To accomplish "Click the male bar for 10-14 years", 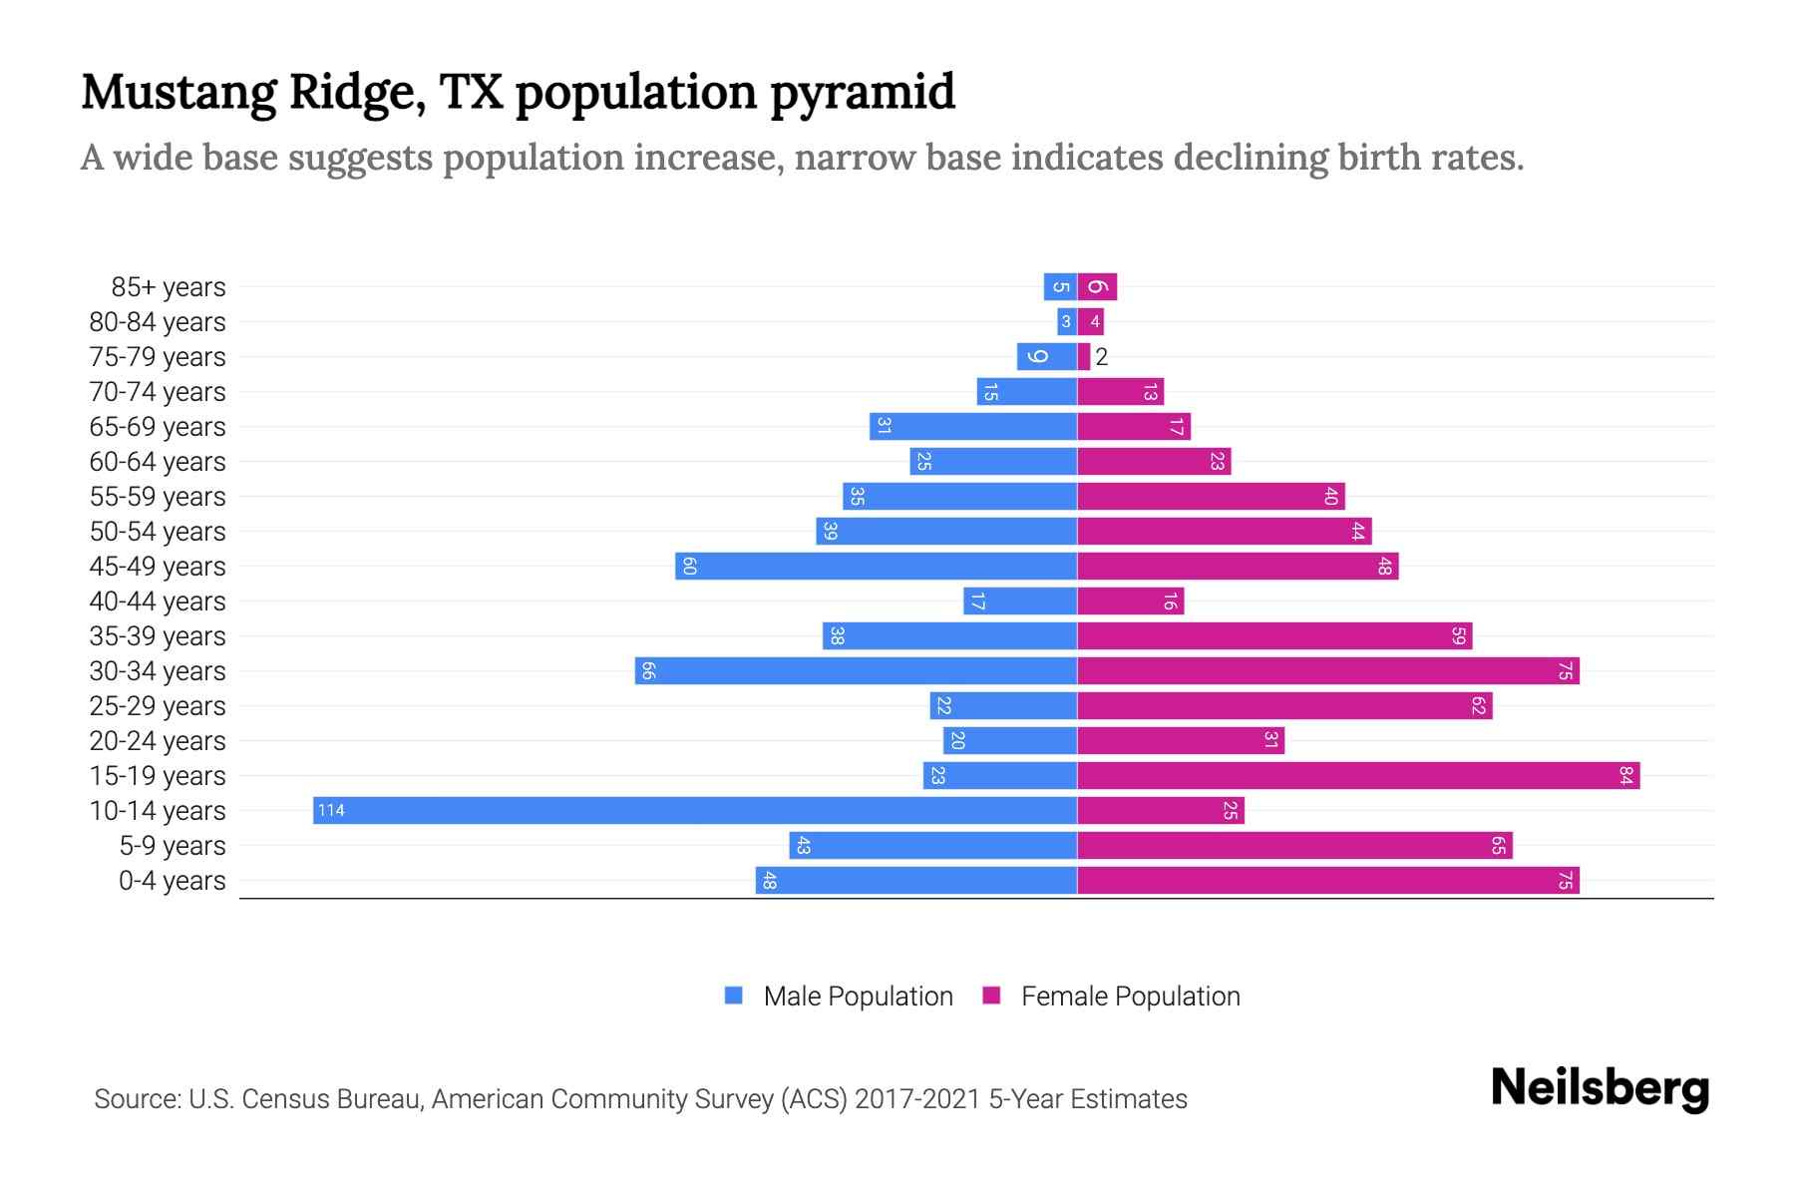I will click(695, 810).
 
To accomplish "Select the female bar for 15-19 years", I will click(1358, 775).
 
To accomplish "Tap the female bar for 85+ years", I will click(1097, 286).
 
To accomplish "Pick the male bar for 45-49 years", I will click(876, 566).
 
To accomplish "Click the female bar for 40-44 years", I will click(1130, 600).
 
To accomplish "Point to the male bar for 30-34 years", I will click(856, 670).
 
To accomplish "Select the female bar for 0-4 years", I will click(1328, 880).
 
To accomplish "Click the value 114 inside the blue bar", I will click(331, 810).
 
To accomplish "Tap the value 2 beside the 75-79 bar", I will click(1102, 357).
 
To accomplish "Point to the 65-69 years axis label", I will click(158, 427).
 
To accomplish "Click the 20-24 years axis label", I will click(158, 741).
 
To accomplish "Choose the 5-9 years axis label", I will click(173, 846).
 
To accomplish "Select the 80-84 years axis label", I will click(158, 322).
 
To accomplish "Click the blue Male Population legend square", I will click(734, 996).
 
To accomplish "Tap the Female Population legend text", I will click(1130, 996).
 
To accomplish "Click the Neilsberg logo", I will click(1600, 1088).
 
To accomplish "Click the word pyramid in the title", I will click(863, 93).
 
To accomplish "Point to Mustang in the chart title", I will click(179, 93).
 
